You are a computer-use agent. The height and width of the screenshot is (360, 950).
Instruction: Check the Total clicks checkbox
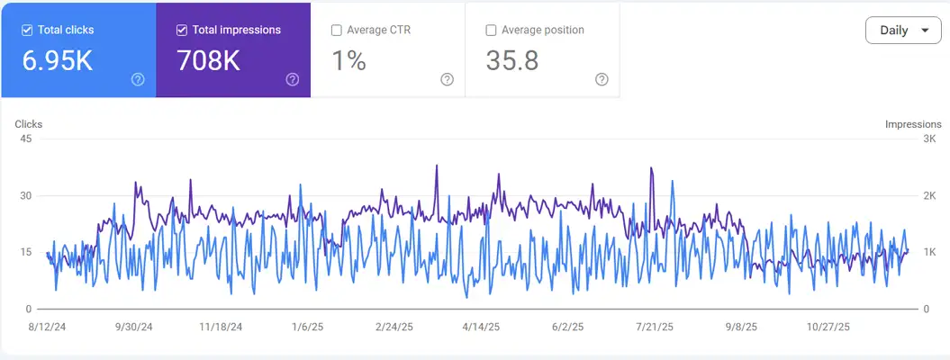point(27,30)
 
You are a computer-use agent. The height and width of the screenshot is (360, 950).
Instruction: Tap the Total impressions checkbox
point(182,30)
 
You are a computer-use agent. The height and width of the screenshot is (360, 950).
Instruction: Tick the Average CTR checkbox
point(337,30)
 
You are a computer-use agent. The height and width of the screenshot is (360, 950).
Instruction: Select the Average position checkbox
point(491,30)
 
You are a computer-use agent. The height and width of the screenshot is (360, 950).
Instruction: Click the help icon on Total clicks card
point(138,79)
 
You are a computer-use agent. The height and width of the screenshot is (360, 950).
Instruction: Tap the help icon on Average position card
point(602,79)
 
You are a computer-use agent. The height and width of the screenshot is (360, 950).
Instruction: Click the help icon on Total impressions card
point(293,79)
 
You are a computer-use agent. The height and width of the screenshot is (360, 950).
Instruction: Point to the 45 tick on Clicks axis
point(25,139)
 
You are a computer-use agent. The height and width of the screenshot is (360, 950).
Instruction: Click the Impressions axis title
point(912,124)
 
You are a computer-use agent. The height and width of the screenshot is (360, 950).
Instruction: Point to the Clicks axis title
point(29,124)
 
